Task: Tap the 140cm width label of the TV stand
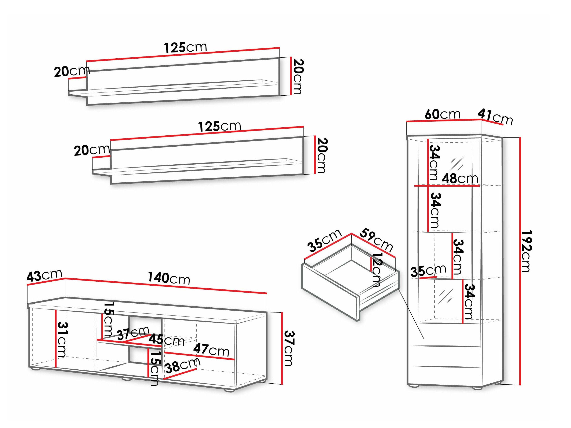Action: [169, 279]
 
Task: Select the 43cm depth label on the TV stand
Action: [44, 275]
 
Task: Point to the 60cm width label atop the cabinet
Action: [443, 114]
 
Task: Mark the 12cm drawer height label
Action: [376, 270]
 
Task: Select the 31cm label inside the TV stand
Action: [62, 340]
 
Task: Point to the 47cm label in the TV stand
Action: [211, 350]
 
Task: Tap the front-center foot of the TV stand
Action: [127, 379]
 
